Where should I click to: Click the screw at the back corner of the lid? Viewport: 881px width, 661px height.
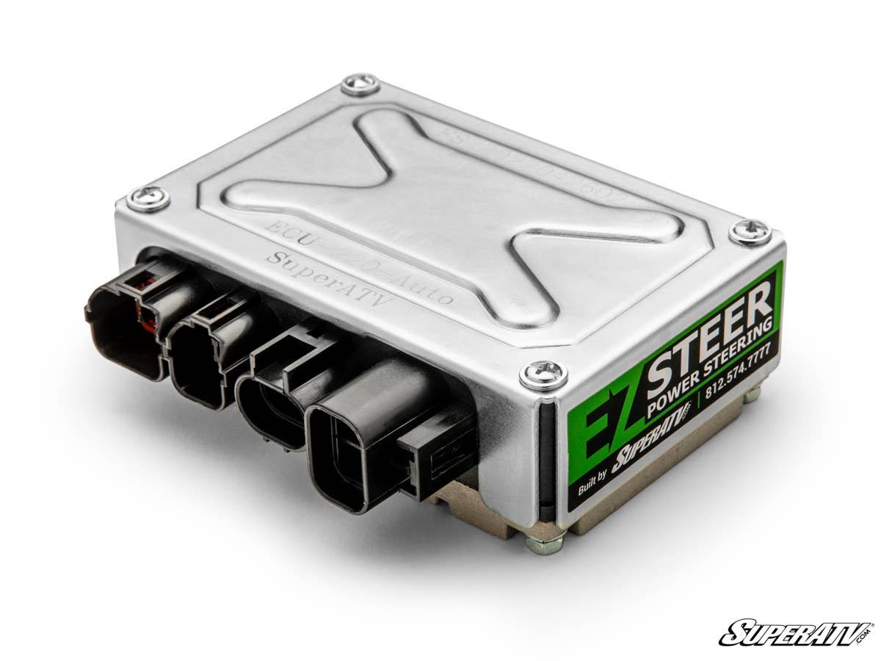360,84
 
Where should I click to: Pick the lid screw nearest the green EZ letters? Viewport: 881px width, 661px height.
543,375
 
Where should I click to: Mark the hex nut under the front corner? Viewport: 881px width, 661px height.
544,543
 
